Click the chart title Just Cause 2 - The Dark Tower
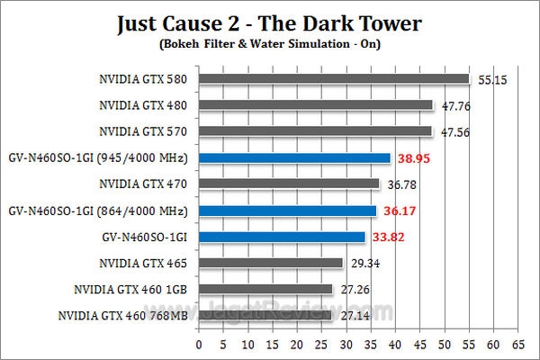[x=270, y=22]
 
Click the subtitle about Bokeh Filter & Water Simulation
[x=270, y=43]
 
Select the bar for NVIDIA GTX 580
[x=334, y=79]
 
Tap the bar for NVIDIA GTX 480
[x=315, y=105]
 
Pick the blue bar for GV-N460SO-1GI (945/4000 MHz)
[x=294, y=158]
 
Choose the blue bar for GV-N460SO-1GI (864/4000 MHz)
[x=287, y=211]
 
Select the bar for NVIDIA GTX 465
[x=270, y=264]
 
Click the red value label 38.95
[x=416, y=158]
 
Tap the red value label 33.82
[x=391, y=238]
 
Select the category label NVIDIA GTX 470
[x=144, y=184]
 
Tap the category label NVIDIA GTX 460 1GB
[x=132, y=290]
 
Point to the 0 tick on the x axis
[x=199, y=344]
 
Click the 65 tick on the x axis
[x=517, y=344]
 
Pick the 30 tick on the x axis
[x=346, y=344]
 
